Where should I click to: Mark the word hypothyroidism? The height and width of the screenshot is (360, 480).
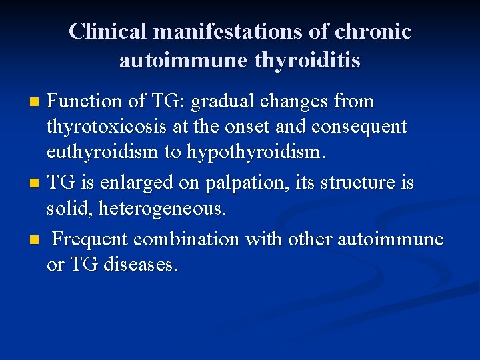258,152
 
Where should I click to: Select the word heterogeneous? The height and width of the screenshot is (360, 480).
163,209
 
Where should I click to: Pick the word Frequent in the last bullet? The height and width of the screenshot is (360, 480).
91,239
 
